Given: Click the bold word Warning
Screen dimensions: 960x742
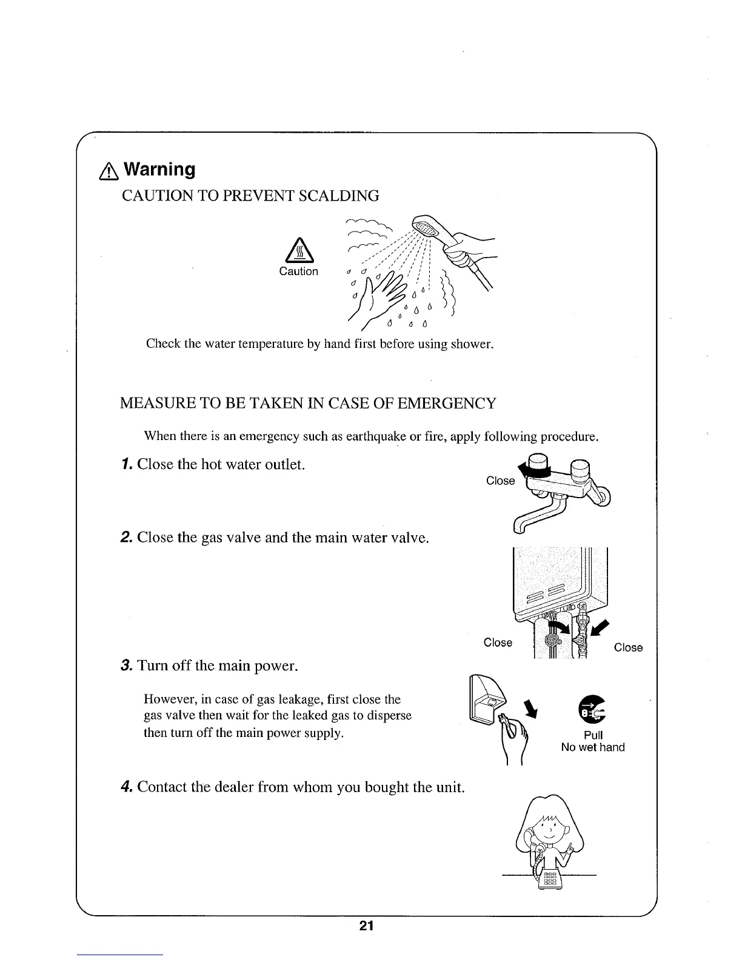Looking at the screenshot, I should [160, 170].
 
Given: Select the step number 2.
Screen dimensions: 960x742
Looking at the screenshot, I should [125, 538].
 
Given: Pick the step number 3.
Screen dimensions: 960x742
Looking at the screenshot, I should [125, 667].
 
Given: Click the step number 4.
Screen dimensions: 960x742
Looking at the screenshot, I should [125, 787].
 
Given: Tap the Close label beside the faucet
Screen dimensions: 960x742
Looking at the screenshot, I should [500, 481].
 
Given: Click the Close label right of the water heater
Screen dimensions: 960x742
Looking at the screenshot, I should [628, 647].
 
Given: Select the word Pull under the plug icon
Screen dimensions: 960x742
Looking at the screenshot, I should [592, 735].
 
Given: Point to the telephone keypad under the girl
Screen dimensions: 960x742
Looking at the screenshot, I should [550, 878].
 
